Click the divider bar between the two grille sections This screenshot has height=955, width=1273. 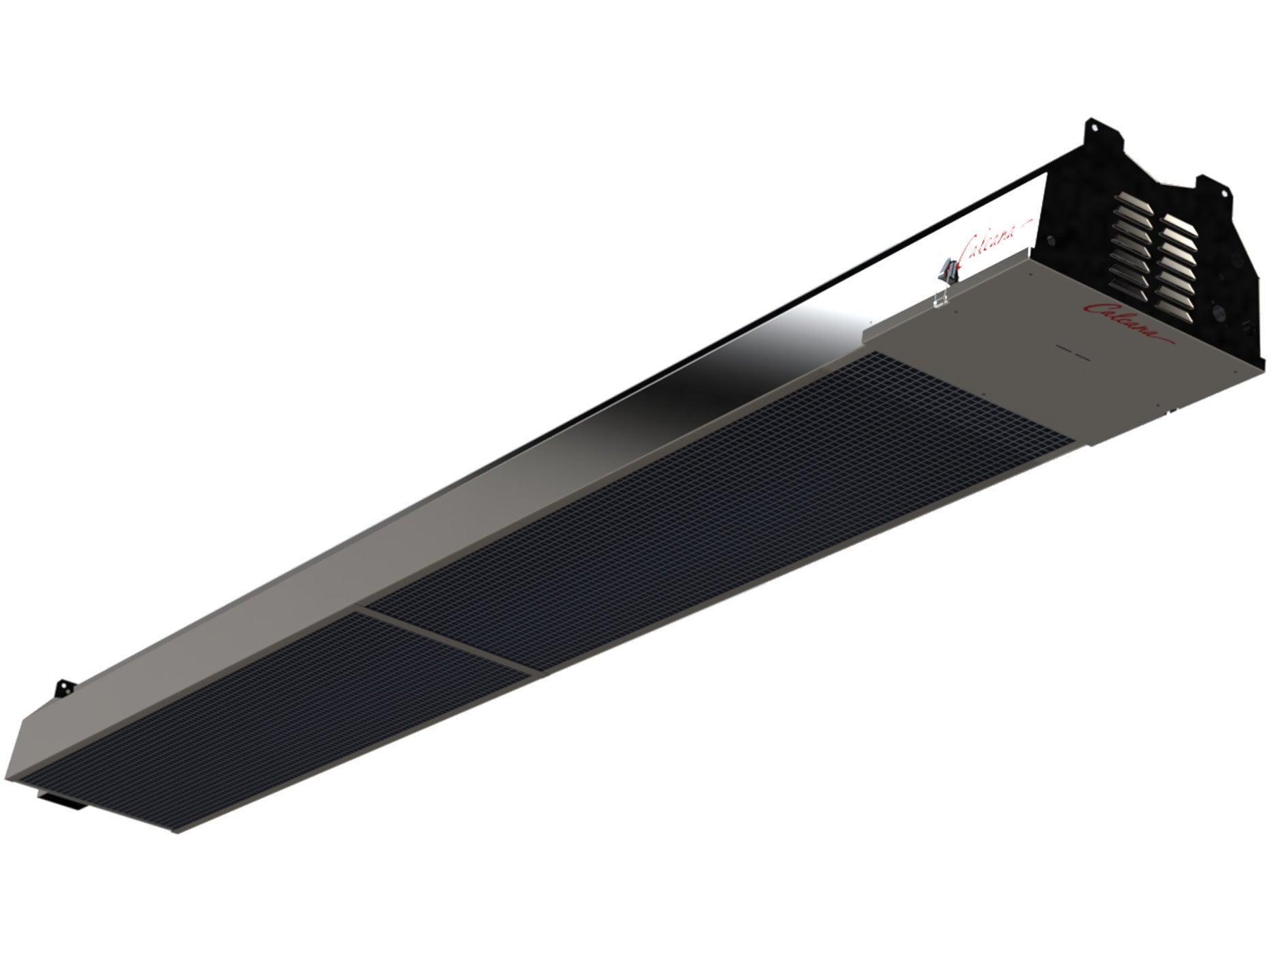click(x=447, y=640)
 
